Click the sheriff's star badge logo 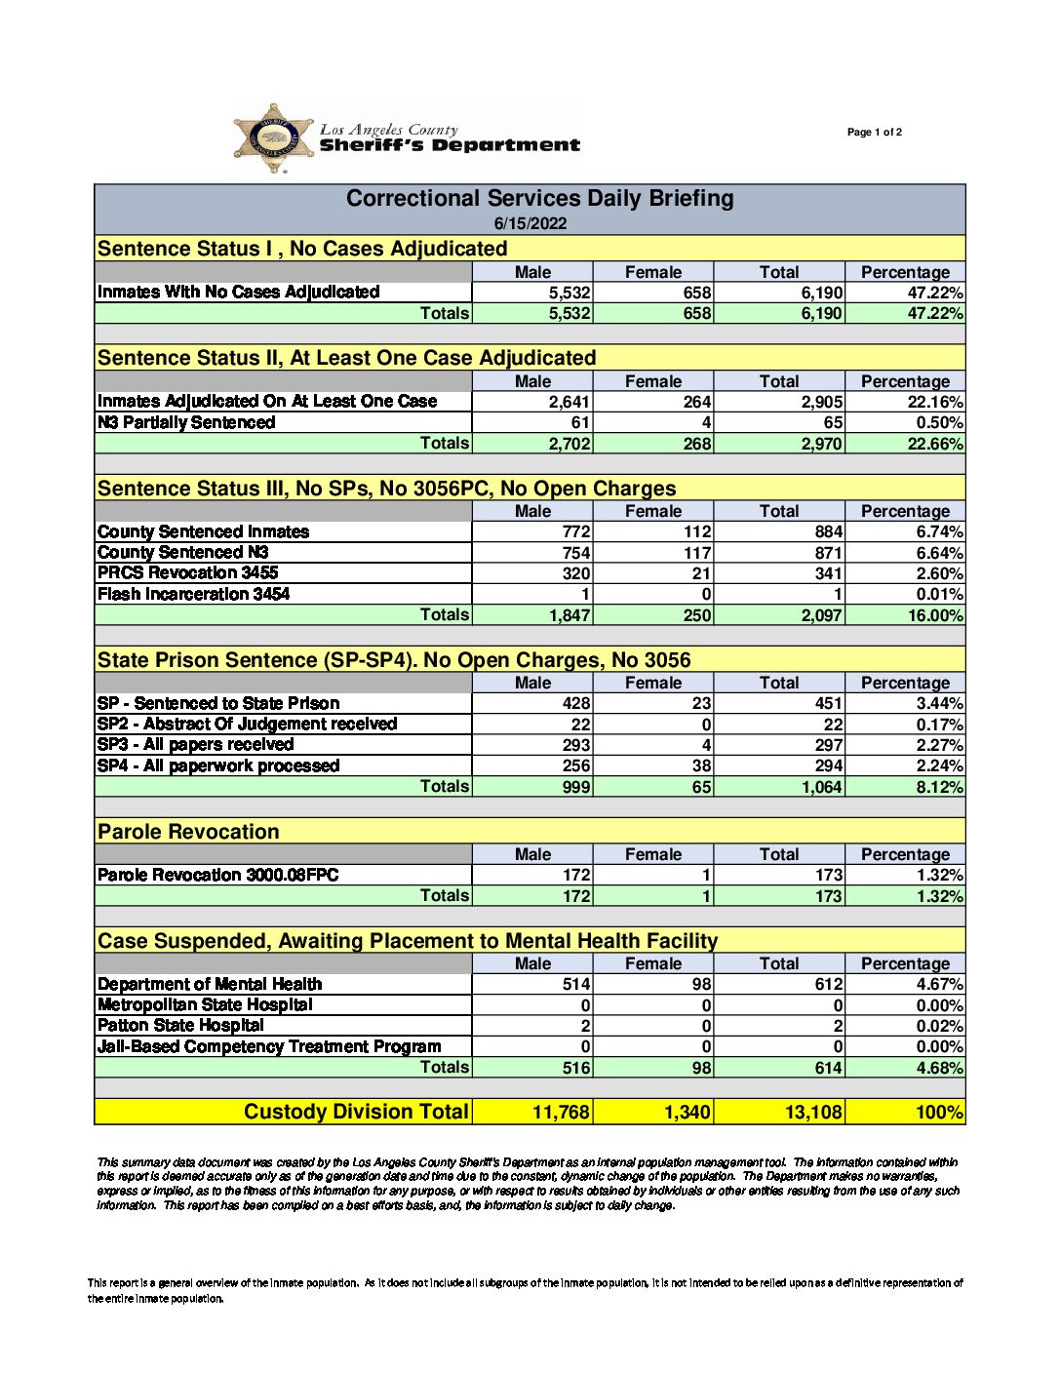(274, 138)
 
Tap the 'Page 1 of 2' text (874, 133)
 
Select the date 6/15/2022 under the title (530, 223)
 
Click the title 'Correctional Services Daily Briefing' (539, 199)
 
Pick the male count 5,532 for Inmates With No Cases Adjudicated (570, 293)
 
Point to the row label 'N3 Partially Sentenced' (186, 422)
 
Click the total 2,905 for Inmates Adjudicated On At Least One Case (822, 402)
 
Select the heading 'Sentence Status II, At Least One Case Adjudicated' (346, 358)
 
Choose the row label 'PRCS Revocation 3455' (187, 572)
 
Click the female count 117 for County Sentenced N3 (697, 553)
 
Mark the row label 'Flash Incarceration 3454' (193, 594)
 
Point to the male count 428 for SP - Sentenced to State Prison (576, 703)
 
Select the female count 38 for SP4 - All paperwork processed (701, 765)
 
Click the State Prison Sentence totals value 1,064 (822, 787)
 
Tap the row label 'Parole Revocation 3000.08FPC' (217, 875)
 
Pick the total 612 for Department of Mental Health (829, 984)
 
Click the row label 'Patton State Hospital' (180, 1025)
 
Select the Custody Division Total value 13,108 (813, 1112)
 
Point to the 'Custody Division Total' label (356, 1112)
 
